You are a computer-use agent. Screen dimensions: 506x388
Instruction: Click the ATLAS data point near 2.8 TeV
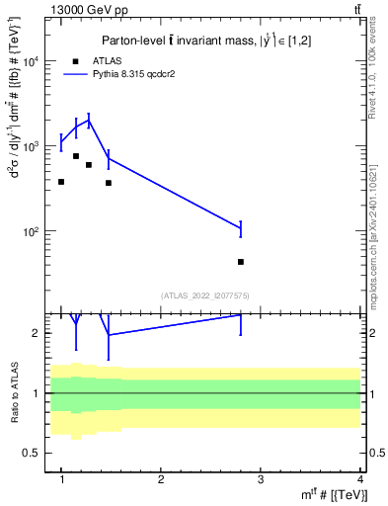click(x=241, y=262)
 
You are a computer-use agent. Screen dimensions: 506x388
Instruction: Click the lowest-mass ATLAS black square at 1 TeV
click(x=61, y=182)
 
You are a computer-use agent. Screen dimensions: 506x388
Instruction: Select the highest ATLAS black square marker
click(x=76, y=156)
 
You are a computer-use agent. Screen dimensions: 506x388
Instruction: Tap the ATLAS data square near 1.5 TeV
click(x=109, y=183)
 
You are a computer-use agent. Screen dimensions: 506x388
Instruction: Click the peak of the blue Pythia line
click(x=89, y=121)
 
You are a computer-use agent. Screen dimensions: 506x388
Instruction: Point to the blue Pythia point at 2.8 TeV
click(x=241, y=229)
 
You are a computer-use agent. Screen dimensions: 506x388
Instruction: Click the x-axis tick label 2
click(x=161, y=479)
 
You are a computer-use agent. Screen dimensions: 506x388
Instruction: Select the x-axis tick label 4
click(x=360, y=479)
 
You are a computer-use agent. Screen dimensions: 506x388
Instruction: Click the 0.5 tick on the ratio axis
click(x=38, y=453)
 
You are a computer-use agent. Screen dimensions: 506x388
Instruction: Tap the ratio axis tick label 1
click(x=41, y=393)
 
